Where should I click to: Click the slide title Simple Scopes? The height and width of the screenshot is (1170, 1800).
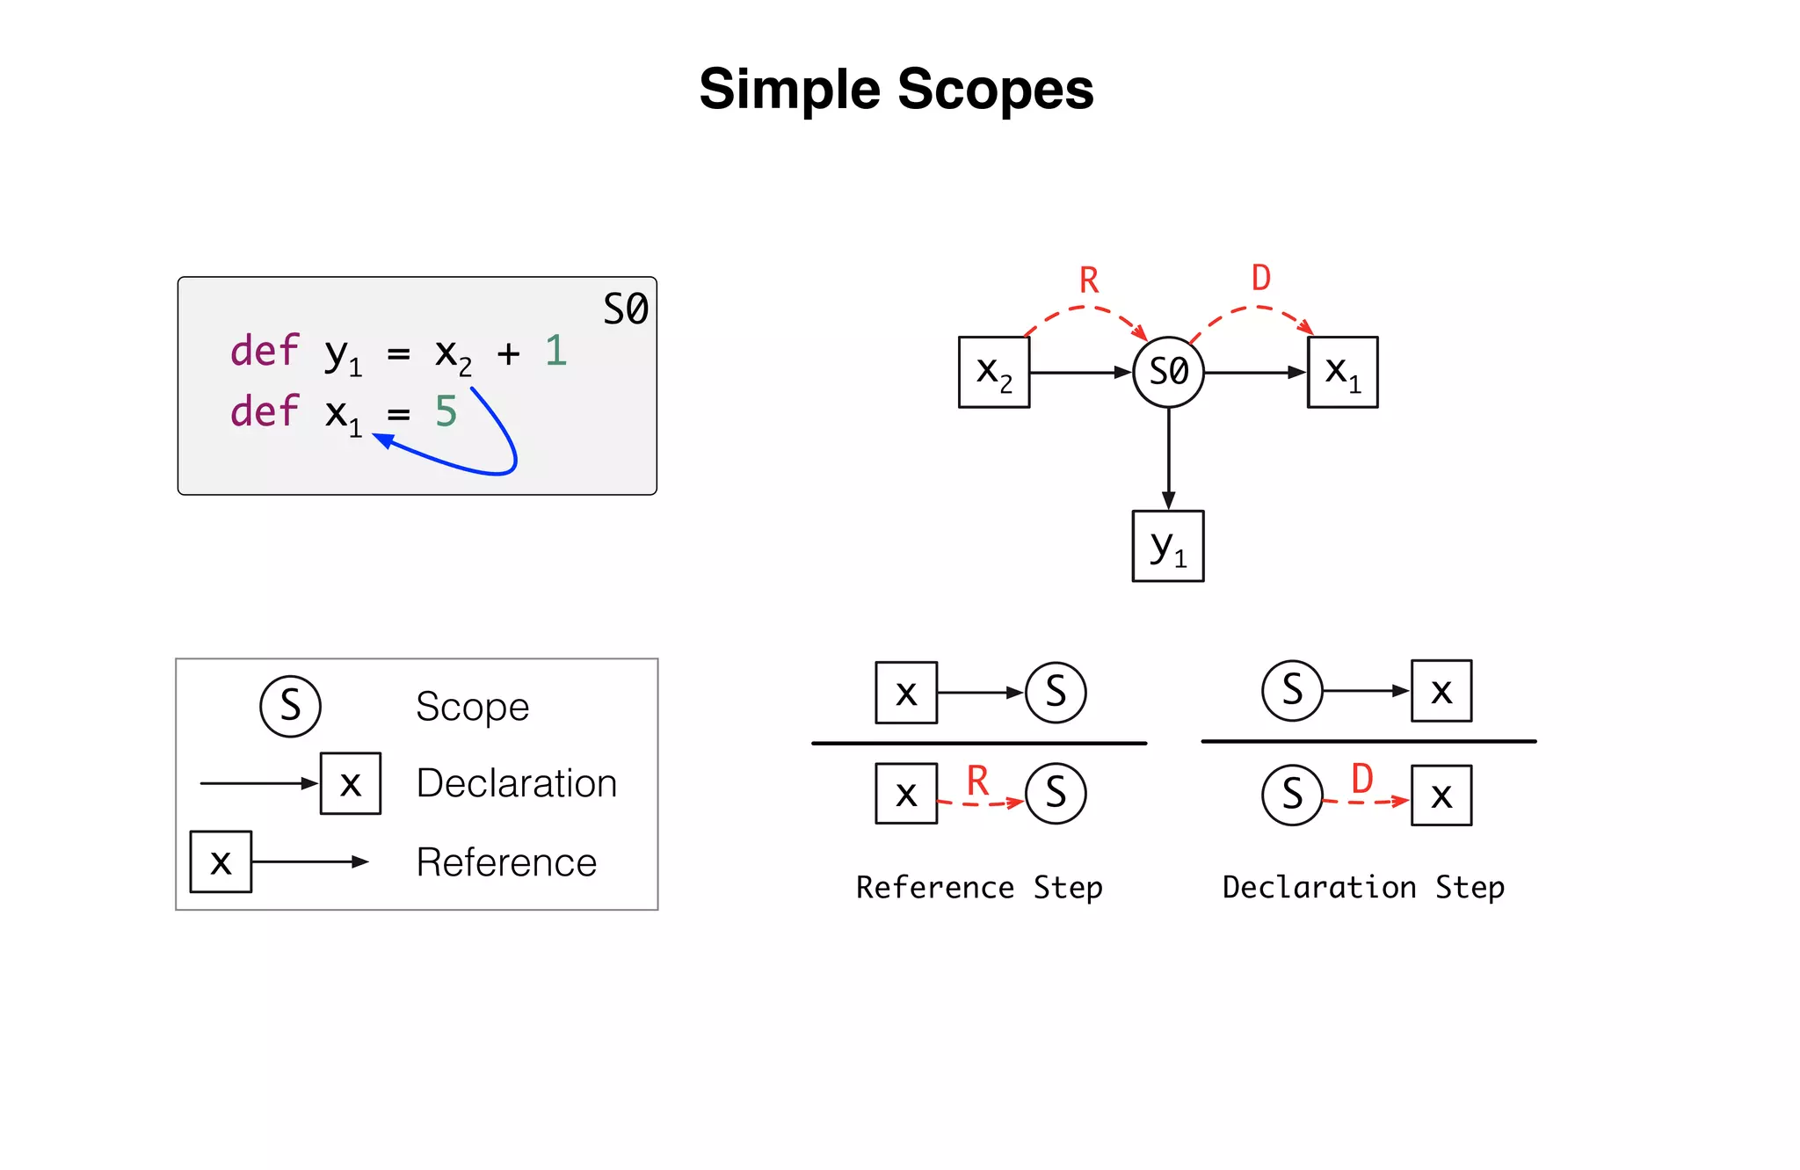click(x=896, y=90)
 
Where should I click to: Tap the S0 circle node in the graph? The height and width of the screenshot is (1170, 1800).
click(x=1168, y=372)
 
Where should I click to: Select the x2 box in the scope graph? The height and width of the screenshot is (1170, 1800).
click(x=993, y=372)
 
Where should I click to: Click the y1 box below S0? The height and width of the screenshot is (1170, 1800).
click(x=1168, y=546)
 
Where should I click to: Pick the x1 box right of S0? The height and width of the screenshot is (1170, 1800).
click(x=1342, y=372)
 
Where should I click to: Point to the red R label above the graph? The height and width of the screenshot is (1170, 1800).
click(x=1089, y=281)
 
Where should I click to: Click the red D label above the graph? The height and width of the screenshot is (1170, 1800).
click(x=1261, y=279)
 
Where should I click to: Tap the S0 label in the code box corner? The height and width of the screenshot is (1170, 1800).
click(x=625, y=309)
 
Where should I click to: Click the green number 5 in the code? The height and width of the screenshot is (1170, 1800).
click(x=446, y=411)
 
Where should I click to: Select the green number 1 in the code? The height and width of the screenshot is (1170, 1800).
click(x=555, y=351)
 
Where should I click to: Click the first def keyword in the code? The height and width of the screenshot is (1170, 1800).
click(x=265, y=351)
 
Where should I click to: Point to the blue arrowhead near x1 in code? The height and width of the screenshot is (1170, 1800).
click(x=383, y=440)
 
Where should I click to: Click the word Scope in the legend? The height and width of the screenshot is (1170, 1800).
click(x=472, y=707)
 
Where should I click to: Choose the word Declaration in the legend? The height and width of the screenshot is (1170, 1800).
click(x=516, y=783)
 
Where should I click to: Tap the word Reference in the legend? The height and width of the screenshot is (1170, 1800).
click(x=506, y=862)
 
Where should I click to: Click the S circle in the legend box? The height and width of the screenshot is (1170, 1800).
click(x=290, y=706)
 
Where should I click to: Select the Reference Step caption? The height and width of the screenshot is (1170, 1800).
click(x=979, y=887)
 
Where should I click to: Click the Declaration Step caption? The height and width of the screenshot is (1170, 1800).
click(x=1363, y=887)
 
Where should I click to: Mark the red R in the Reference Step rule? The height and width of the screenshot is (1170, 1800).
click(x=977, y=781)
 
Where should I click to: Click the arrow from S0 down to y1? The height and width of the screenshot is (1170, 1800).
click(x=1168, y=457)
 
